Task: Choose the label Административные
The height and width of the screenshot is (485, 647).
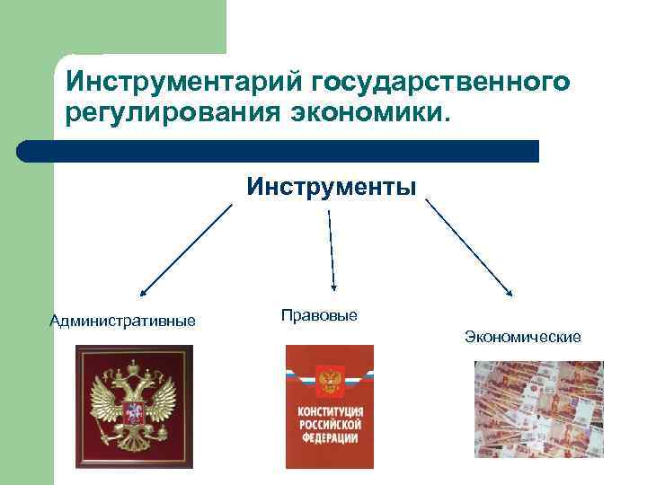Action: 123,321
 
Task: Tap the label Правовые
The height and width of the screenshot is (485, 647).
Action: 319,315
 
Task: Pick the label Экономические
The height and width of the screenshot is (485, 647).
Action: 523,337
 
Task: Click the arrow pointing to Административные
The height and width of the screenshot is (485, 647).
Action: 185,249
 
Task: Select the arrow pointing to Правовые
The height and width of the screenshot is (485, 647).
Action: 332,251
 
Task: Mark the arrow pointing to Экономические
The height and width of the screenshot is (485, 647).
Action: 468,248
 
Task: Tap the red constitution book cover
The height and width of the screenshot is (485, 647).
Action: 329,406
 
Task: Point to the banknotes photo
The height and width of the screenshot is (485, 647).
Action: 538,409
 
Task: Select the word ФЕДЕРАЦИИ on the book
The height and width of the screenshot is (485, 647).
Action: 329,437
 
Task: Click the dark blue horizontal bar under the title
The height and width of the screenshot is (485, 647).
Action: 278,151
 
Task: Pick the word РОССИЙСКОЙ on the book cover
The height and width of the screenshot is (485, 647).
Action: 329,424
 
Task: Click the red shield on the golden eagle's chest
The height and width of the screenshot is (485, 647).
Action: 133,414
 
